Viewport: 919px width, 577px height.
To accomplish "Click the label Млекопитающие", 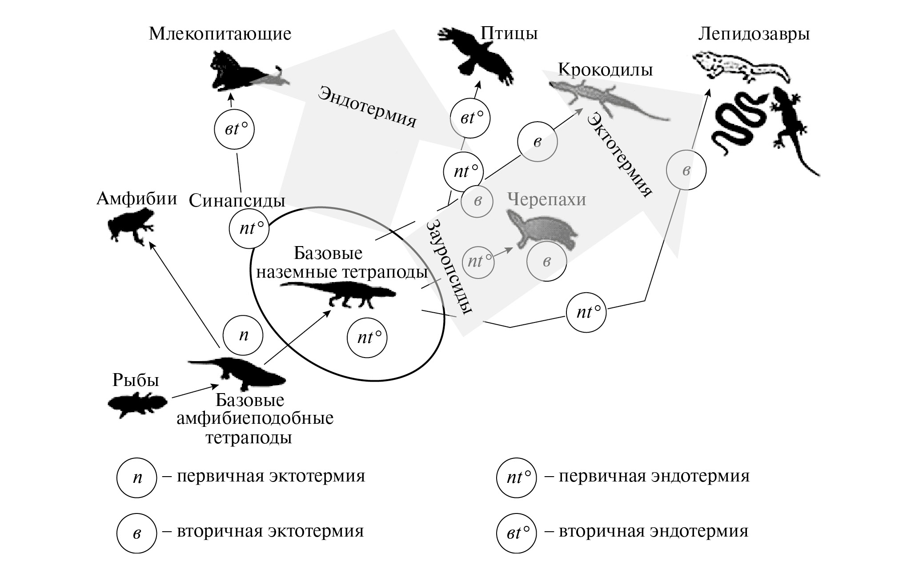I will coord(220,34).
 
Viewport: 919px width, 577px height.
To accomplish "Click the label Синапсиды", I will coord(237,201).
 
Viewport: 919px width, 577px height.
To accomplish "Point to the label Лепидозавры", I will coord(754,34).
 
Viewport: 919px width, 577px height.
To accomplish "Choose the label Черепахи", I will coord(546,199).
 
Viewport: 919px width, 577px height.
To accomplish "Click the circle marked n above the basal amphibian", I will coord(243,335).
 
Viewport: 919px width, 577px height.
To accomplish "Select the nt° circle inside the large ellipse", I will coord(367,338).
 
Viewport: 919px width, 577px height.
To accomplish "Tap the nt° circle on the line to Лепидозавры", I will coord(586,312).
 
